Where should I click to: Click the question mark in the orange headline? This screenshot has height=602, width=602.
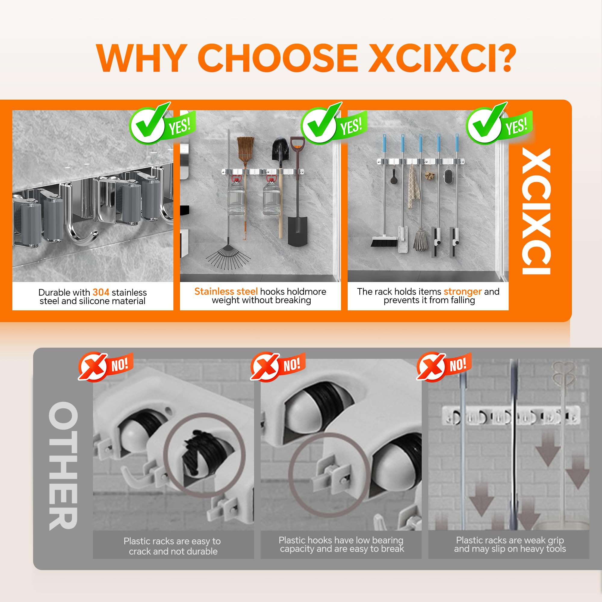click(498, 58)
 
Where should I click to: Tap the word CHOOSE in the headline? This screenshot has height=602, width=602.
click(278, 58)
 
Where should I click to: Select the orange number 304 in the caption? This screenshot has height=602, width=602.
click(101, 292)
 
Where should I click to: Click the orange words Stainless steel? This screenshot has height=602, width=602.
click(226, 291)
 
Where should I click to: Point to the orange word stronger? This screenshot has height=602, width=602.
click(463, 292)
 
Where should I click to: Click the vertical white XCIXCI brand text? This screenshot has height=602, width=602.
click(536, 211)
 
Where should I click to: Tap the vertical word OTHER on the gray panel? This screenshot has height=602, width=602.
click(63, 466)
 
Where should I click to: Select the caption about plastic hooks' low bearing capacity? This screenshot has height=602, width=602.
click(342, 544)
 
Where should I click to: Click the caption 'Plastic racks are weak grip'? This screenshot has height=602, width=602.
click(510, 540)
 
